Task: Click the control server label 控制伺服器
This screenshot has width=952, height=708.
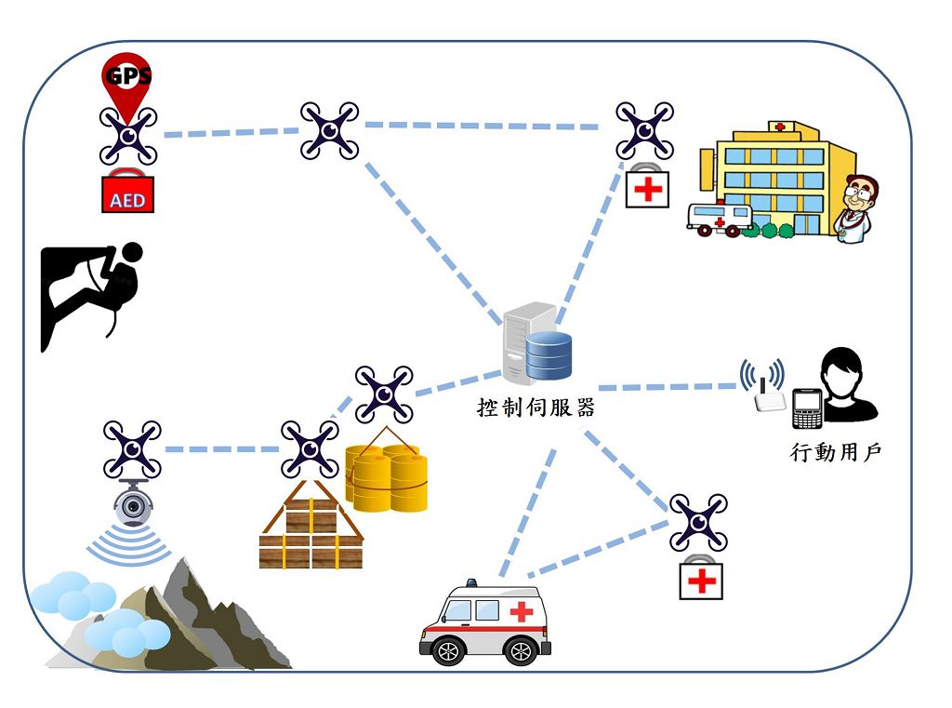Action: (x=535, y=407)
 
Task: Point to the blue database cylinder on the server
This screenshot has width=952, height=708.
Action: (x=549, y=356)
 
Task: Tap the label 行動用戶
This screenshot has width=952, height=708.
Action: (x=835, y=453)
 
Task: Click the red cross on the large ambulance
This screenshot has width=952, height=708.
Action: (x=522, y=611)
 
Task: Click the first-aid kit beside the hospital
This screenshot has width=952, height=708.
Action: (x=647, y=189)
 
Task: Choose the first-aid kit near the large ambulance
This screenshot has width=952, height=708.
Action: (x=701, y=579)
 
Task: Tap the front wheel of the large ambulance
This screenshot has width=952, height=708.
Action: (x=449, y=650)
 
